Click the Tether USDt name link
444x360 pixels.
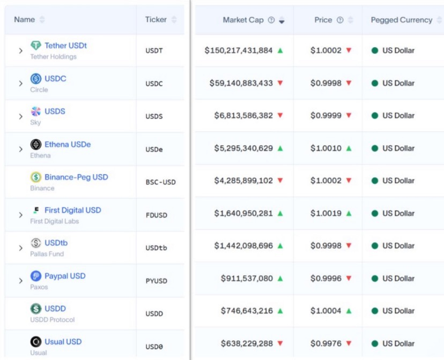[x=65, y=46]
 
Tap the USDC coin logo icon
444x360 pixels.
[x=36, y=79]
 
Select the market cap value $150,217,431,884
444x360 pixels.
[x=239, y=50]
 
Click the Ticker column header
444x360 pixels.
[x=156, y=20]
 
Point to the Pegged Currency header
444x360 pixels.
[x=401, y=20]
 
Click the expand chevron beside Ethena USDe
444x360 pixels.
[x=20, y=149]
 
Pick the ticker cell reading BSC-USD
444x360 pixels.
[x=160, y=182]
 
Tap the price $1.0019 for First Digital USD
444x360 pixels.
[x=325, y=213]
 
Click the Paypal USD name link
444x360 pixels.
[x=65, y=276]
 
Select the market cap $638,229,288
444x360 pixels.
[x=247, y=343]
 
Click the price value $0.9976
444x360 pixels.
[x=325, y=343]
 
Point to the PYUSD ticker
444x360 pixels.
[x=156, y=280]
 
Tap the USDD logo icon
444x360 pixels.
[x=36, y=309]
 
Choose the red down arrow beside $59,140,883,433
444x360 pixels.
[x=280, y=83]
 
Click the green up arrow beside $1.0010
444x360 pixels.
[x=349, y=148]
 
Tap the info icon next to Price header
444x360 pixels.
[x=340, y=20]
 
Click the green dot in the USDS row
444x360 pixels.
[x=375, y=116]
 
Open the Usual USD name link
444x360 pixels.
[x=63, y=342]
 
